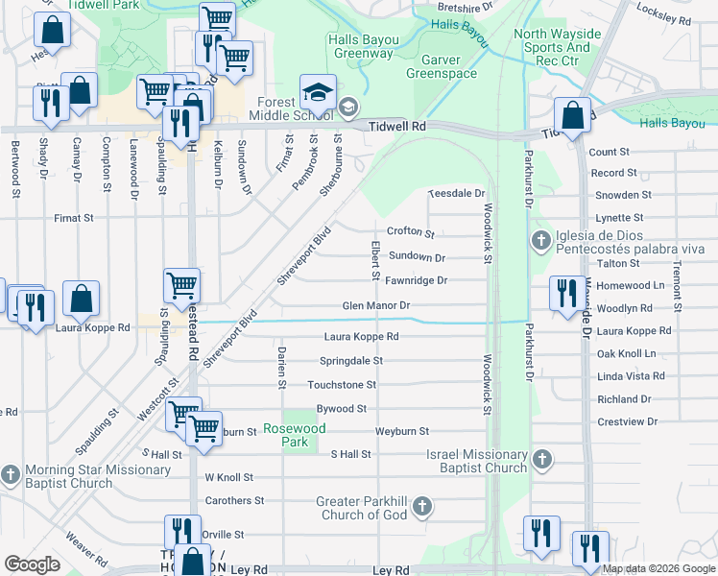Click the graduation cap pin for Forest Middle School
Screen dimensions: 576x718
318,92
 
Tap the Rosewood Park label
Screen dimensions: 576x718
296,435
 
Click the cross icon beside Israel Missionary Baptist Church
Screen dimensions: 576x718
542,461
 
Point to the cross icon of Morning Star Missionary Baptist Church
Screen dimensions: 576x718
11,475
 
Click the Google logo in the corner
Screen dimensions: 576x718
32,564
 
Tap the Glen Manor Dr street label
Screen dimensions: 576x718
376,306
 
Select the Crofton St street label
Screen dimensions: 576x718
410,232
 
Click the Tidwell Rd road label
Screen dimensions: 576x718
397,126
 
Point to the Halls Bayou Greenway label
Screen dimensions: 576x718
360,47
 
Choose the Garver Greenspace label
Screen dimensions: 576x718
442,66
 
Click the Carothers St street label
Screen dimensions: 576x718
234,501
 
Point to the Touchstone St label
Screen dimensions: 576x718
341,385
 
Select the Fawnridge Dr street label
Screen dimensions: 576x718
416,280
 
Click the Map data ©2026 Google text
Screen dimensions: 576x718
658,569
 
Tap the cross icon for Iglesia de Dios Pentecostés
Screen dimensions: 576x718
540,240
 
